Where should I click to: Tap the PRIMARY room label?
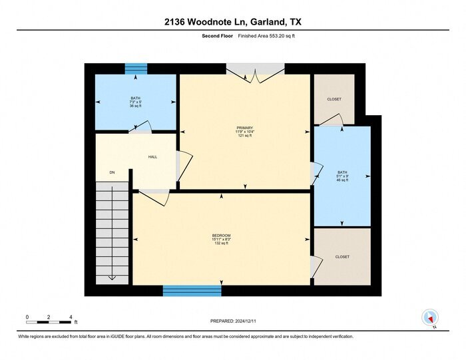pyautogui.click(x=244, y=127)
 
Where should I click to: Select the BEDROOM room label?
pyautogui.click(x=221, y=235)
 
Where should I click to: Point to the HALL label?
pyautogui.click(x=152, y=157)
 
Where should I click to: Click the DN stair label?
pyautogui.click(x=113, y=172)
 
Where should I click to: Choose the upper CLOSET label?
pyautogui.click(x=334, y=99)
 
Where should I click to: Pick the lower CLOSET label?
pyautogui.click(x=342, y=256)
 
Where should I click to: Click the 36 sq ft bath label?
pyautogui.click(x=135, y=106)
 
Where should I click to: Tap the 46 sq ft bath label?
pyautogui.click(x=342, y=180)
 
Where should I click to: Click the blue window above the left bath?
pyautogui.click(x=136, y=69)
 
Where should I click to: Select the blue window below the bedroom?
pyautogui.click(x=192, y=291)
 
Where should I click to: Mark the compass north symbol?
pyautogui.click(x=430, y=317)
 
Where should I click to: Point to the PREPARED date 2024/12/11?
pyautogui.click(x=232, y=321)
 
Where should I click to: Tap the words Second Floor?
pyautogui.click(x=216, y=37)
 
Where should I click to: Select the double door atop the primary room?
pyautogui.click(x=256, y=73)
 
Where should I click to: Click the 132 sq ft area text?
pyautogui.click(x=221, y=244)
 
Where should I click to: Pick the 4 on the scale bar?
pyautogui.click(x=71, y=317)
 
